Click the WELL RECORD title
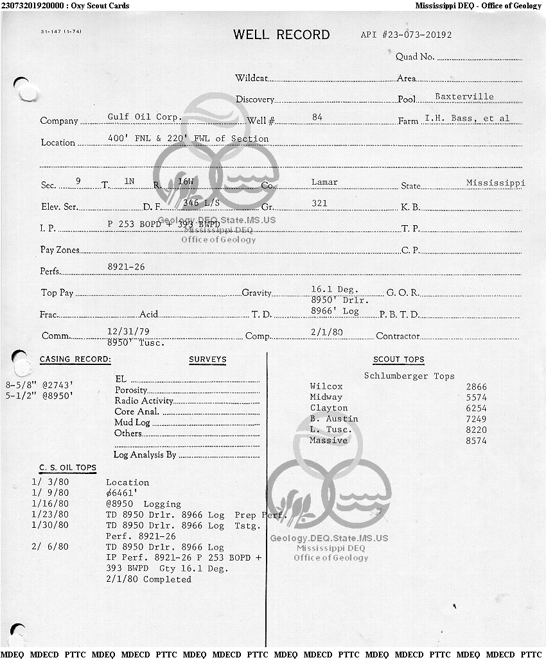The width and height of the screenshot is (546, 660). click(x=281, y=35)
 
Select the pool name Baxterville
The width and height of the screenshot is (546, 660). click(x=464, y=97)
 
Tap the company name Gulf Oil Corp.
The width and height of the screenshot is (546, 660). click(x=145, y=117)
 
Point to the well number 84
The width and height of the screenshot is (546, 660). click(x=317, y=117)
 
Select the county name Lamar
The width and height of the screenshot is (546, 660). click(x=324, y=182)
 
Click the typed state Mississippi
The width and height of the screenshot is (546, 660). click(x=495, y=183)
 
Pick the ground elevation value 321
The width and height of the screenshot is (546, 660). click(x=319, y=203)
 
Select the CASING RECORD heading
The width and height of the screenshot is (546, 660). click(x=75, y=359)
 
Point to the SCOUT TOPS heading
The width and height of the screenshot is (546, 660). click(x=398, y=360)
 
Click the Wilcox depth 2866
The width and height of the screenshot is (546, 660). click(x=477, y=387)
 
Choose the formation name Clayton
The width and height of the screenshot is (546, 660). click(x=328, y=408)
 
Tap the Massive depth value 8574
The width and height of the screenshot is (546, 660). click(x=477, y=441)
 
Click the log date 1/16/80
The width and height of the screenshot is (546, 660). click(x=50, y=504)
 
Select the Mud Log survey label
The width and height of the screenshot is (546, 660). click(x=132, y=422)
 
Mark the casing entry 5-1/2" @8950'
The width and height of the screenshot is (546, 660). click(x=39, y=396)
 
